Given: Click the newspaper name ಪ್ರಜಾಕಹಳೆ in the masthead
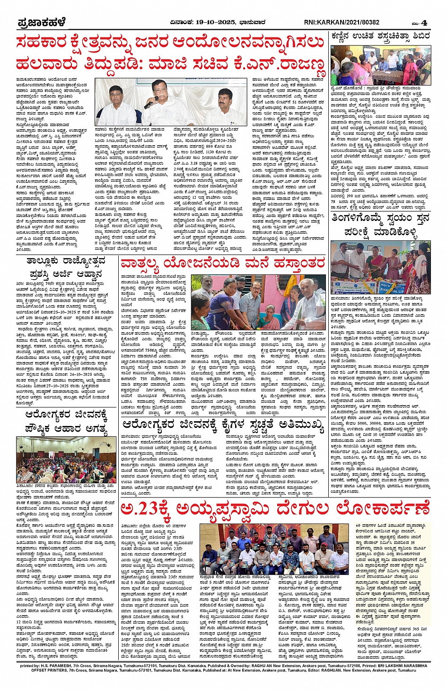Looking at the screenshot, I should tap(41, 23).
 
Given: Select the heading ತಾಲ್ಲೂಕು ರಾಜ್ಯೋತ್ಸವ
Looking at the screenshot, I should tap(66, 261).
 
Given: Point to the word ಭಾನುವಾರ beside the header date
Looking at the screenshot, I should tap(255, 22).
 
